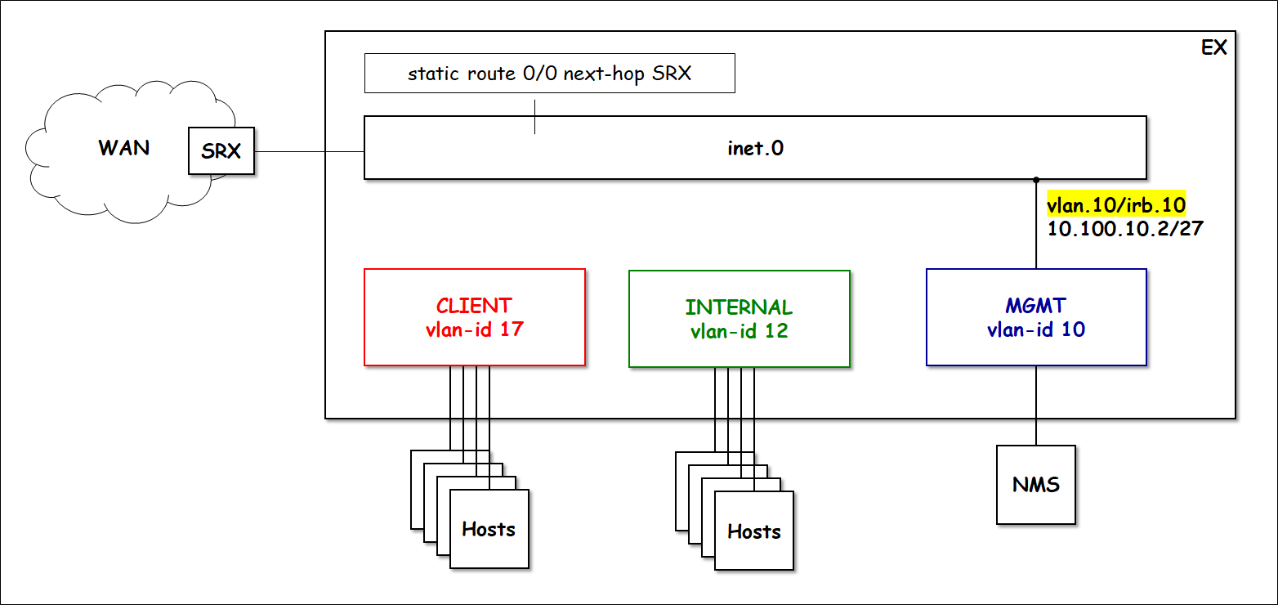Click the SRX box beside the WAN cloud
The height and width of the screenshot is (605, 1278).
(x=221, y=150)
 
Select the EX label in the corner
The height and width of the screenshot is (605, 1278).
(x=1213, y=47)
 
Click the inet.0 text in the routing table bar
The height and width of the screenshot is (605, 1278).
(x=755, y=148)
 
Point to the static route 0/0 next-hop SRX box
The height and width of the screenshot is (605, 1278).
(x=549, y=74)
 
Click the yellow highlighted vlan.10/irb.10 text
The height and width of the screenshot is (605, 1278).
(x=1115, y=204)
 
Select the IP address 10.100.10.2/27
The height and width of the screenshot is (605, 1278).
(x=1125, y=228)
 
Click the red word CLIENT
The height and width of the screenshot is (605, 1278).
(x=474, y=306)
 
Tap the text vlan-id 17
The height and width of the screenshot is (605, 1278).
(x=474, y=330)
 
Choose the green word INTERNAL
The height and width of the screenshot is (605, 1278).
(x=739, y=307)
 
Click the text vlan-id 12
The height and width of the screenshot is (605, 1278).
(x=739, y=331)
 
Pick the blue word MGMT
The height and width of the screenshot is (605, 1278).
(x=1035, y=307)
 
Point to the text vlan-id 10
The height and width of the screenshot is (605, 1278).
(x=1035, y=330)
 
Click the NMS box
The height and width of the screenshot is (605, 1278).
(x=1035, y=485)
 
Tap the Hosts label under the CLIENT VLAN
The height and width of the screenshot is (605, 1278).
(x=489, y=529)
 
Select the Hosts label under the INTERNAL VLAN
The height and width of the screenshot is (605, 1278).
(x=753, y=531)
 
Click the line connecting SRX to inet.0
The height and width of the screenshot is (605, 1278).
(x=309, y=151)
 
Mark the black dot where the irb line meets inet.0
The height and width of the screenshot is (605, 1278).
(x=1036, y=179)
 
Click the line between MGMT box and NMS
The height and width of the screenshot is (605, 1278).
(x=1036, y=405)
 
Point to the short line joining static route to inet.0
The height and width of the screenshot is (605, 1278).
(x=535, y=116)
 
